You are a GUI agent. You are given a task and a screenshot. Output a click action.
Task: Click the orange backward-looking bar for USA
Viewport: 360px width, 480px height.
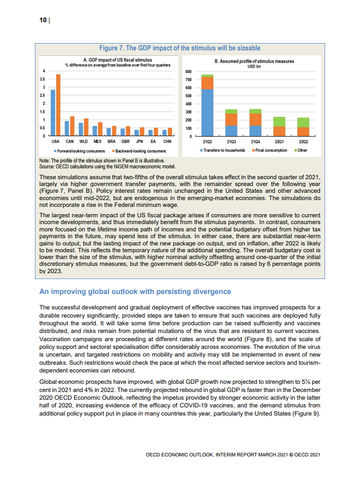[x=58, y=105]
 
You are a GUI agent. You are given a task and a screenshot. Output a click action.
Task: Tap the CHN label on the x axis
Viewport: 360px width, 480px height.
[x=167, y=142]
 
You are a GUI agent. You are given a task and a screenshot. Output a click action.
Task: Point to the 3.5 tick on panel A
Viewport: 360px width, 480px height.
[x=44, y=79]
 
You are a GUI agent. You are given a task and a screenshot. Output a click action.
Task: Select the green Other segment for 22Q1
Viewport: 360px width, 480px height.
[x=279, y=122]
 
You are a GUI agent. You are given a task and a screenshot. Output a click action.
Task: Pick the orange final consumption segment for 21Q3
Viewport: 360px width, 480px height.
[x=231, y=119]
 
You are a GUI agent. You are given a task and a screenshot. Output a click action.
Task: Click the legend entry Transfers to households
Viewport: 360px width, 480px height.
[x=224, y=150]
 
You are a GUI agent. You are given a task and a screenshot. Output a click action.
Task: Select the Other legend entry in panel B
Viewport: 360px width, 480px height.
[x=302, y=150]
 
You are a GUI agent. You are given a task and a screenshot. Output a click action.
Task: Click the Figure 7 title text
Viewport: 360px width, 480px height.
[x=180, y=48]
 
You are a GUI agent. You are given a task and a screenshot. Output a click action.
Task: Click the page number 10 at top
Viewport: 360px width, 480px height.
[x=43, y=20]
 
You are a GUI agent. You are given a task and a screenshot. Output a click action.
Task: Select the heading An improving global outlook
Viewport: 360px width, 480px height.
[x=135, y=291]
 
